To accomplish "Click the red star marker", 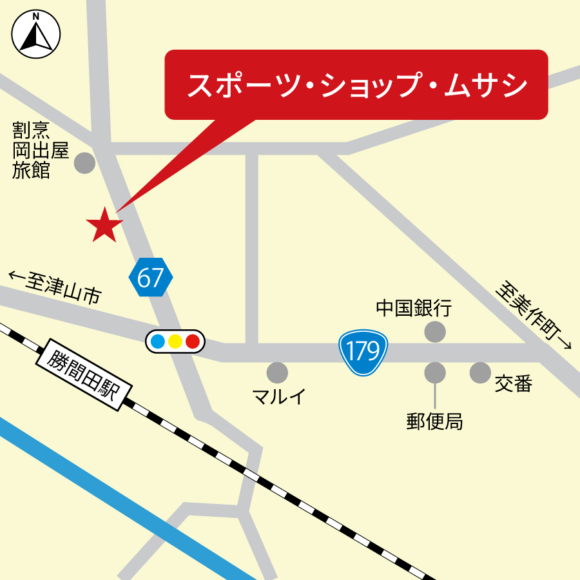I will click(104, 225).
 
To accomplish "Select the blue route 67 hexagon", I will click(151, 278).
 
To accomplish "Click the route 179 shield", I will click(363, 352).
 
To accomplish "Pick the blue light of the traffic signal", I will click(157, 342).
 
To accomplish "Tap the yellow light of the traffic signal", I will click(175, 342).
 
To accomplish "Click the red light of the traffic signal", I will click(193, 342).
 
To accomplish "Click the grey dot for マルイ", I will click(277, 372).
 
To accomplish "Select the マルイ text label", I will click(279, 396).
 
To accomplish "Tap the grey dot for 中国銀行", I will click(435, 332).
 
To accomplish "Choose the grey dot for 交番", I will click(480, 372).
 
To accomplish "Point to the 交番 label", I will click(514, 384).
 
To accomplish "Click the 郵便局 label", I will click(434, 421).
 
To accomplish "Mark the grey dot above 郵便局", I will click(435, 372).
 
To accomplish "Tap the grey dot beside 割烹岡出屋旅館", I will click(84, 162).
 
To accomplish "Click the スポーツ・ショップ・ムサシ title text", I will click(356, 86).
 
